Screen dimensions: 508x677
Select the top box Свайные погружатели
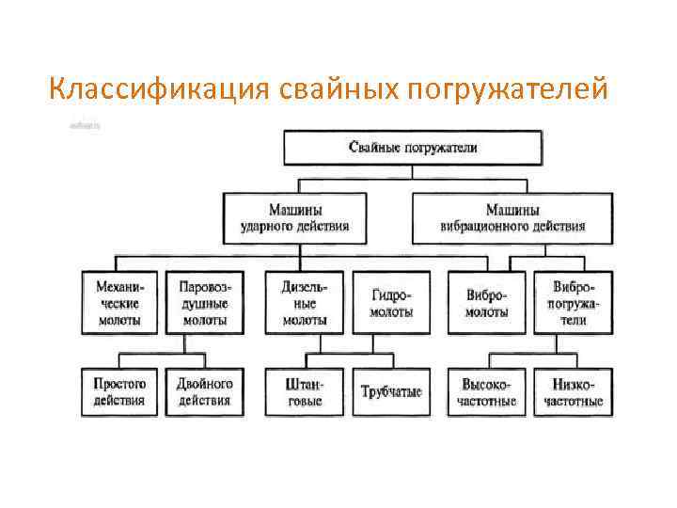coord(413,148)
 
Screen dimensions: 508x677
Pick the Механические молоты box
coord(120,300)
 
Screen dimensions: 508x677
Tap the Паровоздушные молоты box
coord(204,300)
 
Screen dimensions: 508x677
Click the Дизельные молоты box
coord(304,301)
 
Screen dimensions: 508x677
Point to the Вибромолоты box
coord(486,302)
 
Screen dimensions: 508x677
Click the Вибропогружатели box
coord(572,301)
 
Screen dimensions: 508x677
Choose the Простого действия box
coord(120,391)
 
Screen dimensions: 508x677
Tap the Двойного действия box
coord(204,391)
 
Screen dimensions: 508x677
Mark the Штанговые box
coord(304,391)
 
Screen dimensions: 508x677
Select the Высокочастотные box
coord(486,391)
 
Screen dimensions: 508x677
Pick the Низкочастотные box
coord(572,391)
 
